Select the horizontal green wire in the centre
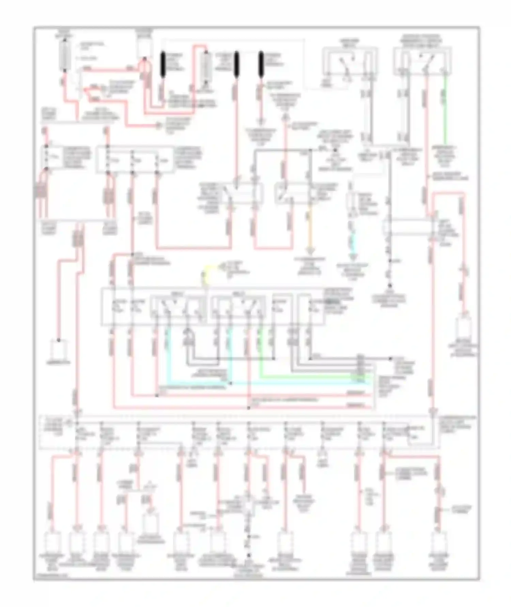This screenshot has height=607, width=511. pyautogui.click(x=313, y=377)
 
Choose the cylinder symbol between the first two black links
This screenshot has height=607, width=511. pyautogui.click(x=206, y=65)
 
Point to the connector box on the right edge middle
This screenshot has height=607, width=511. pyautogui.click(x=464, y=329)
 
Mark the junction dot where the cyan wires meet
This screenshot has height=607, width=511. pyautogui.click(x=231, y=383)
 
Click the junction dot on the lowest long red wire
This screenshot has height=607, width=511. pyautogui.click(x=248, y=408)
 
